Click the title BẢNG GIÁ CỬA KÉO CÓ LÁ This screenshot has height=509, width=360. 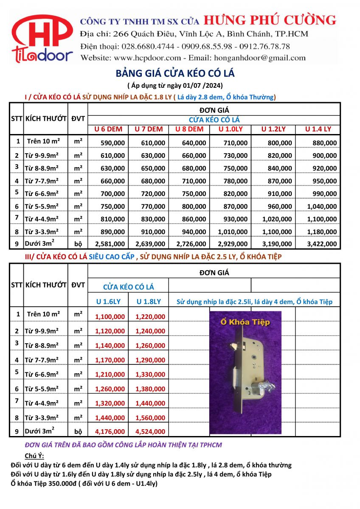tap(175, 73)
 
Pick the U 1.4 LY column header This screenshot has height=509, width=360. tap(318, 129)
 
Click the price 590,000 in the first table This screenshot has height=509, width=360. tap(112, 143)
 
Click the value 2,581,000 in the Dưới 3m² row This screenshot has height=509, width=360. tap(110, 244)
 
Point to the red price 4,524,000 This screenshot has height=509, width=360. tap(150, 432)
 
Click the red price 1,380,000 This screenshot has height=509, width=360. tap(150, 389)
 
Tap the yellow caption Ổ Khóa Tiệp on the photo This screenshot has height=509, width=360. tap(245, 322)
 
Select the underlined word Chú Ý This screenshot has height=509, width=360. tap(37, 456)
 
